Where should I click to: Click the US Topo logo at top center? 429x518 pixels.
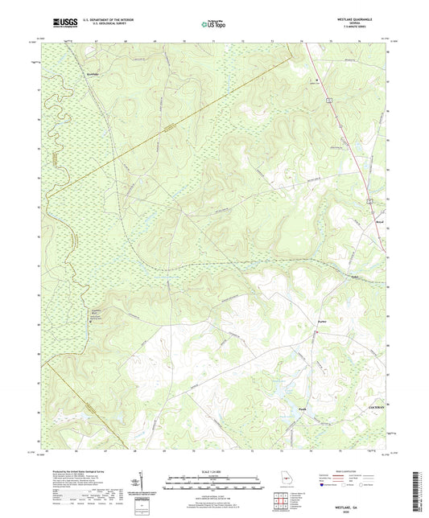[213, 24]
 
